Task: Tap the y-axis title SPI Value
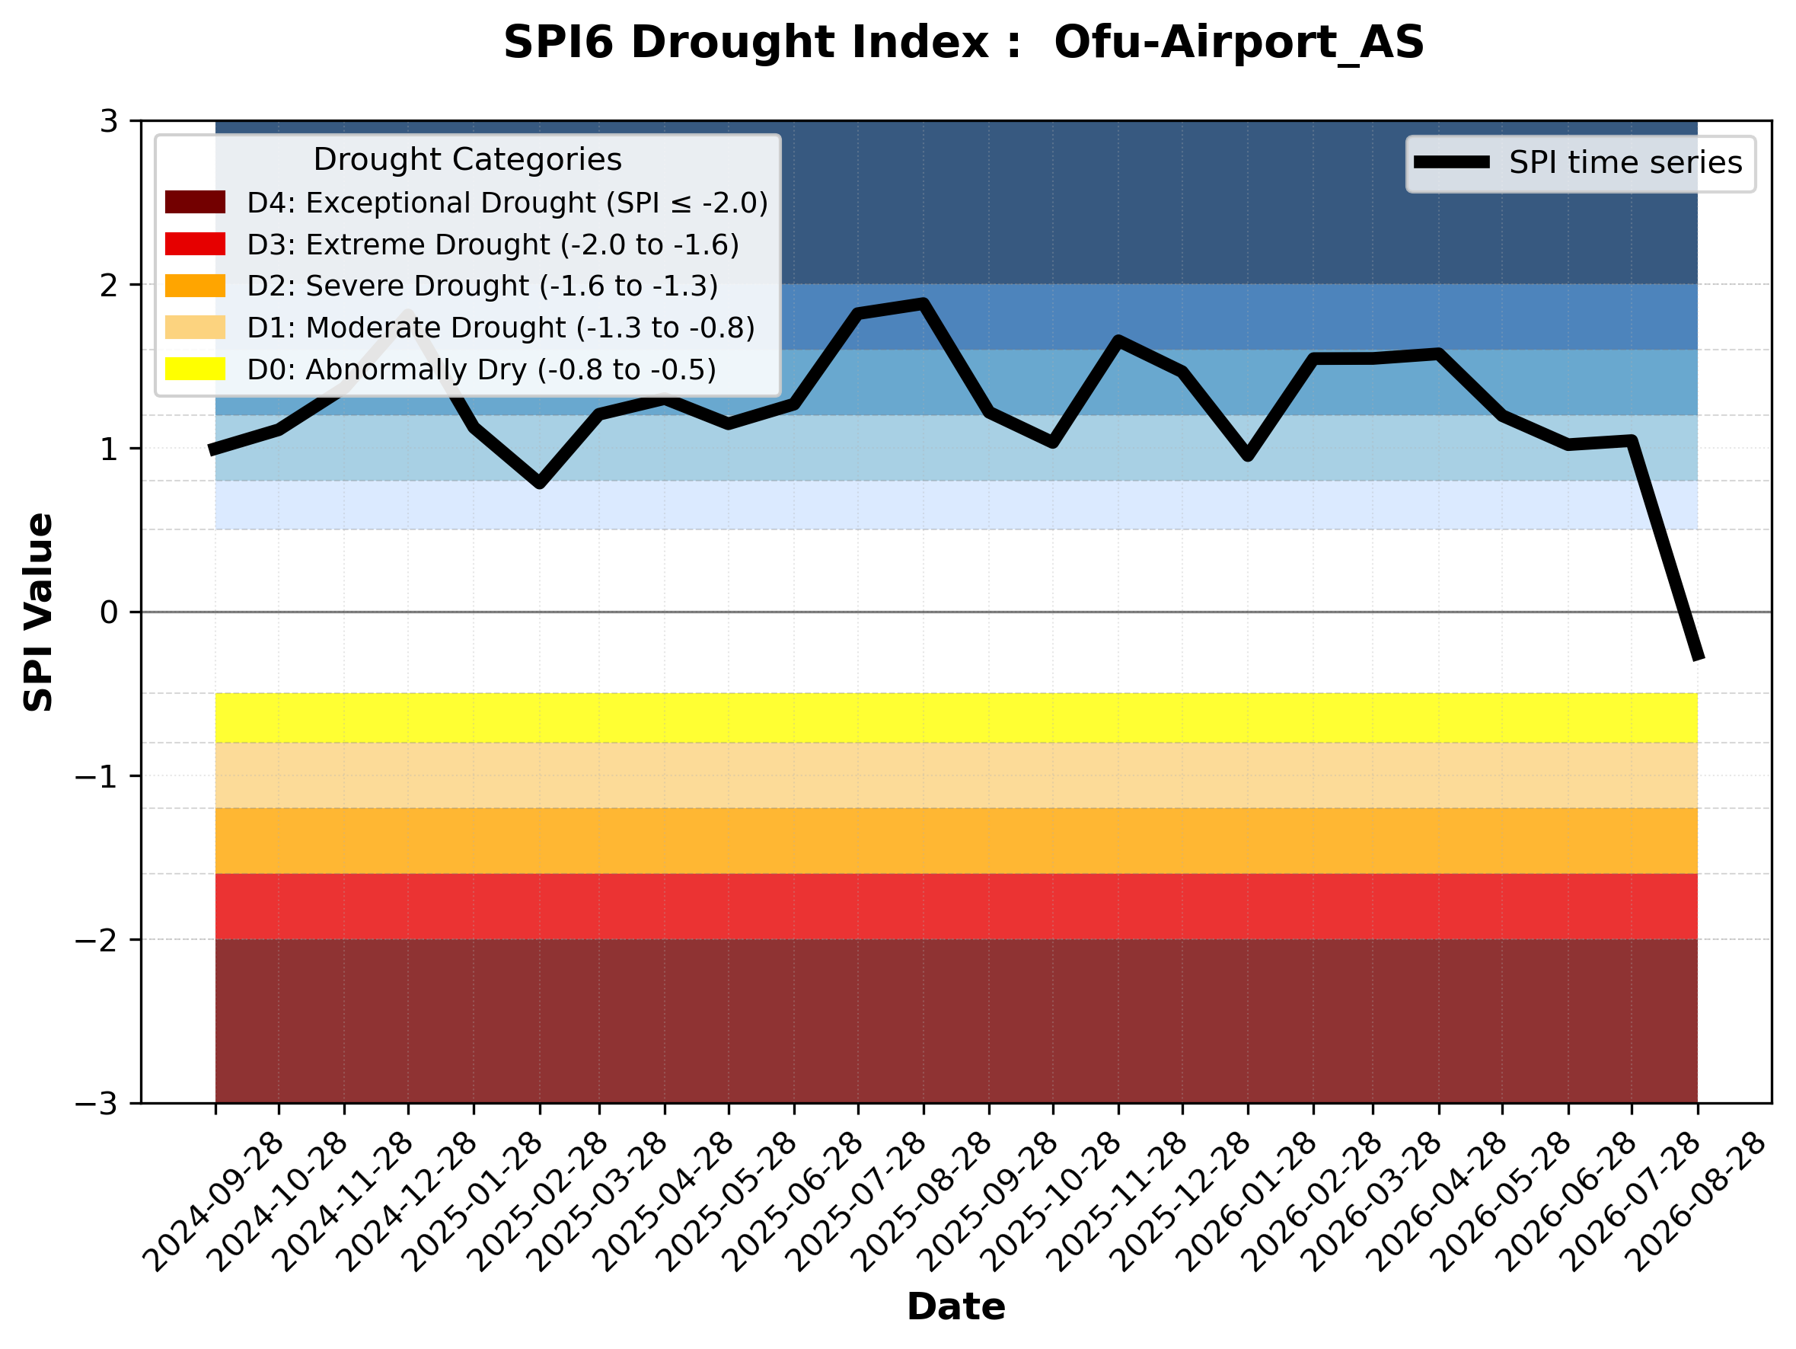(38, 612)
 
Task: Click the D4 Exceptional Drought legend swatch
(195, 202)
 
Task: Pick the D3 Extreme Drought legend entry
(451, 245)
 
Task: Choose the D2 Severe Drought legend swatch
(195, 286)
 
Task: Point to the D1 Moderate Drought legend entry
(460, 328)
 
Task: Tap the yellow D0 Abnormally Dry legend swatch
(195, 369)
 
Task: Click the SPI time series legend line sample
(1451, 162)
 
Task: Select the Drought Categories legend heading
(467, 159)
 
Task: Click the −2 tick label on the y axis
(97, 940)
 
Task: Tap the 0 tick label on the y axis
(109, 612)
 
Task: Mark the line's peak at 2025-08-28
(924, 305)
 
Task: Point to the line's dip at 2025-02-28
(539, 483)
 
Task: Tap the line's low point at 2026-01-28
(1248, 456)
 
